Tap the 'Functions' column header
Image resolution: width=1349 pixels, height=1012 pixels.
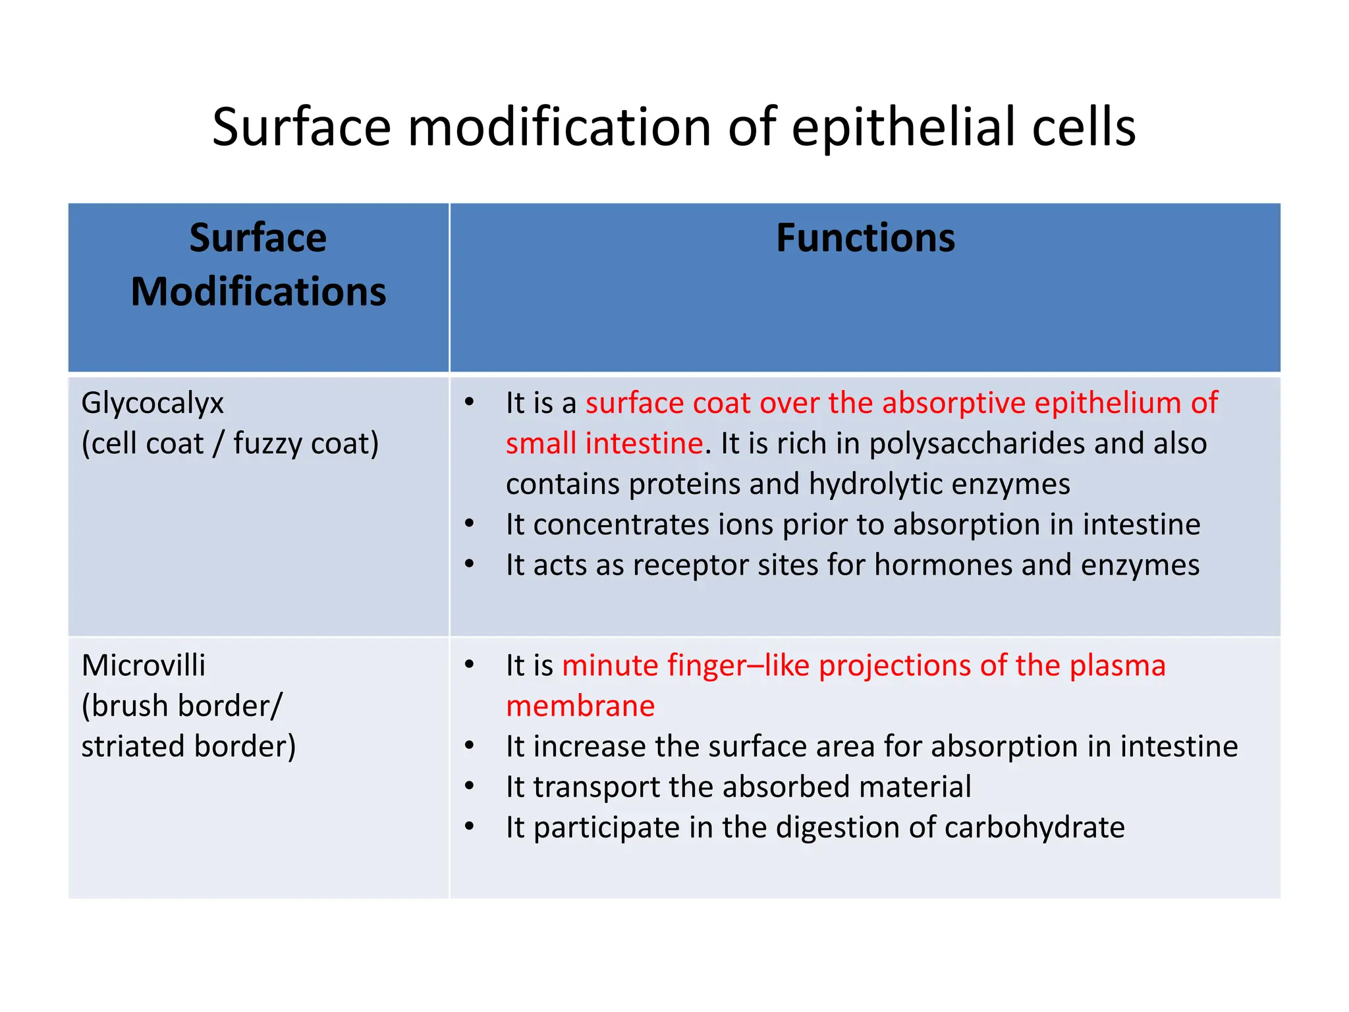click(x=865, y=238)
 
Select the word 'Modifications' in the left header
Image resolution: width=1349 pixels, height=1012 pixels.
click(x=258, y=292)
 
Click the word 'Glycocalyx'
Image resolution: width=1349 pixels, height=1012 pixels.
click(x=152, y=403)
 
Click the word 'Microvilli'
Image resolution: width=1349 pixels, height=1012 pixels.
click(x=143, y=665)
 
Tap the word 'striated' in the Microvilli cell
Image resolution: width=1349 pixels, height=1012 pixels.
click(x=132, y=746)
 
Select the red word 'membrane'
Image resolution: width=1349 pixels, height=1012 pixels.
click(x=580, y=706)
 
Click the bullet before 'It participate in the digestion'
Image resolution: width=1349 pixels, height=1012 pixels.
click(x=469, y=826)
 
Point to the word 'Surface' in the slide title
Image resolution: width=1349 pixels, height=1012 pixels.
click(x=301, y=127)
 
